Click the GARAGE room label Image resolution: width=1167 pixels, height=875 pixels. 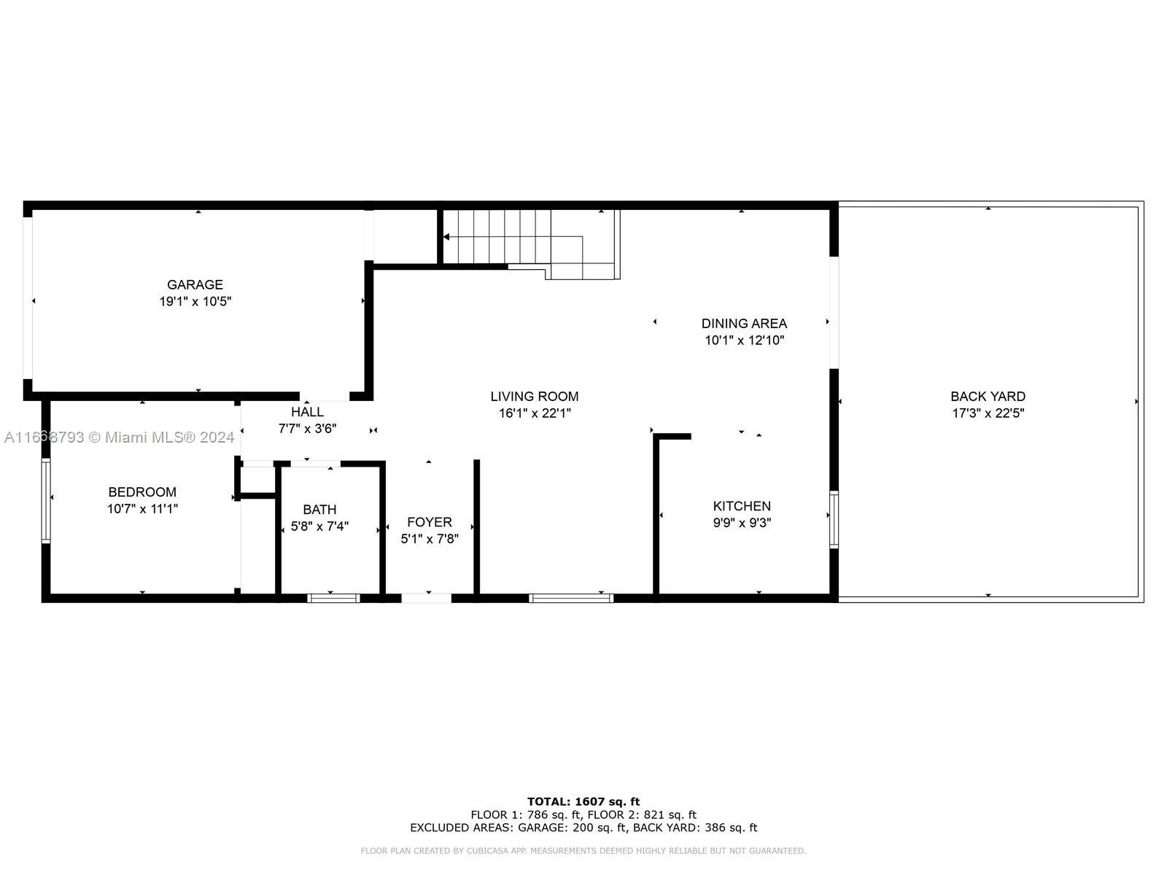pos(195,284)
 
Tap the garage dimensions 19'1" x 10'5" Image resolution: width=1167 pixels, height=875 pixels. pos(195,301)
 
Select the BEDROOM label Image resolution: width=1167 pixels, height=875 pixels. pos(142,492)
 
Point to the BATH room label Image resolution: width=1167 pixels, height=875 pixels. pos(319,510)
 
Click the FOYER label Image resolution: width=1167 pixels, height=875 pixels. pos(429,522)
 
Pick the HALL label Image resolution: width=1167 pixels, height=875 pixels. pos(307,412)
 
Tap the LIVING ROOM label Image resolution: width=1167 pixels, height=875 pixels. pos(534,397)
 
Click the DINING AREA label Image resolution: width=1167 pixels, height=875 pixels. pos(744,323)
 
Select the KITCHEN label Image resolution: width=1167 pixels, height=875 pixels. pos(742,506)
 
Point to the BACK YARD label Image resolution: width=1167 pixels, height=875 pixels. pos(988,397)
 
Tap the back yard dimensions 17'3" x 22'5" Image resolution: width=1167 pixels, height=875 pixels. pos(988,413)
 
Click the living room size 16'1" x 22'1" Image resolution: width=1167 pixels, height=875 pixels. pos(534,413)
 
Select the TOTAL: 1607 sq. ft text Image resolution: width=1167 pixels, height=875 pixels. pos(583,801)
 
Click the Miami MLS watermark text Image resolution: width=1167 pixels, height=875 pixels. pos(120,437)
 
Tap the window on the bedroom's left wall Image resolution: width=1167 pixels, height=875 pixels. pos(46,500)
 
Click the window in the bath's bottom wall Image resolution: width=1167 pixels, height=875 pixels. pos(333,598)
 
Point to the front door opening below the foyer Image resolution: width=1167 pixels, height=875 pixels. pos(427,598)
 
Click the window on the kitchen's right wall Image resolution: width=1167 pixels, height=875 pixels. pos(834,519)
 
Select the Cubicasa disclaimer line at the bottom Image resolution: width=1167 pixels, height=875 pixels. pos(583,851)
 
